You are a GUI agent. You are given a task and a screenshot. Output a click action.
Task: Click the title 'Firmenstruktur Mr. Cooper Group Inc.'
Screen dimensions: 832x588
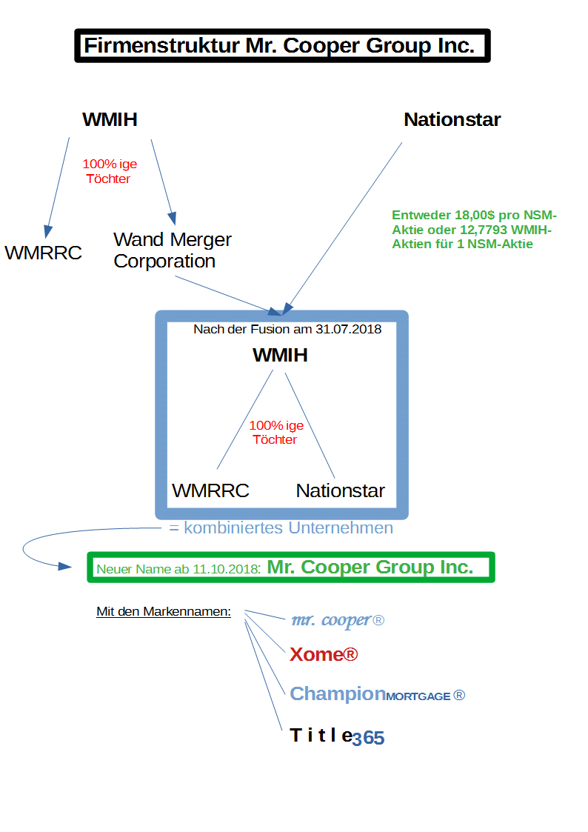coord(279,46)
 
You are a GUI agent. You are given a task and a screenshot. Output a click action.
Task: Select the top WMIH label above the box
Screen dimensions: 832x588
coord(110,120)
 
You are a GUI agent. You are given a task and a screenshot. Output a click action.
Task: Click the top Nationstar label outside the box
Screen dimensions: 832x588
coord(452,120)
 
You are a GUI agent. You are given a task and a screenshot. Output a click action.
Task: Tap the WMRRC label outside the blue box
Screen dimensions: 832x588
coord(43,253)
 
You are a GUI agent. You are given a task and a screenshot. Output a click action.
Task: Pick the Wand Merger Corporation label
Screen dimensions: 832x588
coord(172,250)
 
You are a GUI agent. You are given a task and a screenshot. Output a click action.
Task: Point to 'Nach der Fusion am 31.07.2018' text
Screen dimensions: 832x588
coord(287,329)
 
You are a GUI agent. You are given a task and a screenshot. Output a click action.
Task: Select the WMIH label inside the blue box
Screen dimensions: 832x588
coord(280,356)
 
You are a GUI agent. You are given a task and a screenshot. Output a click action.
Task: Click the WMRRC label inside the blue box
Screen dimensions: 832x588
coord(210,490)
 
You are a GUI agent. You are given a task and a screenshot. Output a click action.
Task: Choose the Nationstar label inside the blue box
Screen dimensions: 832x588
coord(341,490)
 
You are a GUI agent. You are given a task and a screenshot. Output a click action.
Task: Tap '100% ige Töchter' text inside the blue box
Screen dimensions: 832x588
coord(275,433)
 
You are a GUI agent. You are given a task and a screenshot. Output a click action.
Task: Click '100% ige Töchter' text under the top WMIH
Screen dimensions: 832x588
coord(109,171)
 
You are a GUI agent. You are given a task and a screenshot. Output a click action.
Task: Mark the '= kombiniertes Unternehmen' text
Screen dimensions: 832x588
coord(281,528)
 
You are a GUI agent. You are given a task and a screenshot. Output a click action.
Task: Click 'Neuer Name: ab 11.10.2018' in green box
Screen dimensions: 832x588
coord(178,570)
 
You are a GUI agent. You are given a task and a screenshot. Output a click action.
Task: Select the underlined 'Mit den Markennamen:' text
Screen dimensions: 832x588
coord(164,612)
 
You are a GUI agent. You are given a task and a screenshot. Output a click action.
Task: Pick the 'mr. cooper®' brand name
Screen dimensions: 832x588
coord(338,621)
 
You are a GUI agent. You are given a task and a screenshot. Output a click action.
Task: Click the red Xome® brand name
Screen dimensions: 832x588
coord(324,655)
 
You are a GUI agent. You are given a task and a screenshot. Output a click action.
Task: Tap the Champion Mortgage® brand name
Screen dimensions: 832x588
coord(377,694)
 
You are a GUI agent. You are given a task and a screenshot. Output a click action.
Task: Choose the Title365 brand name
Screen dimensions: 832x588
coord(337,736)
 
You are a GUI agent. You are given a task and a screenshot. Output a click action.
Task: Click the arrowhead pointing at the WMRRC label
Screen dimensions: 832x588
coord(47,230)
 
